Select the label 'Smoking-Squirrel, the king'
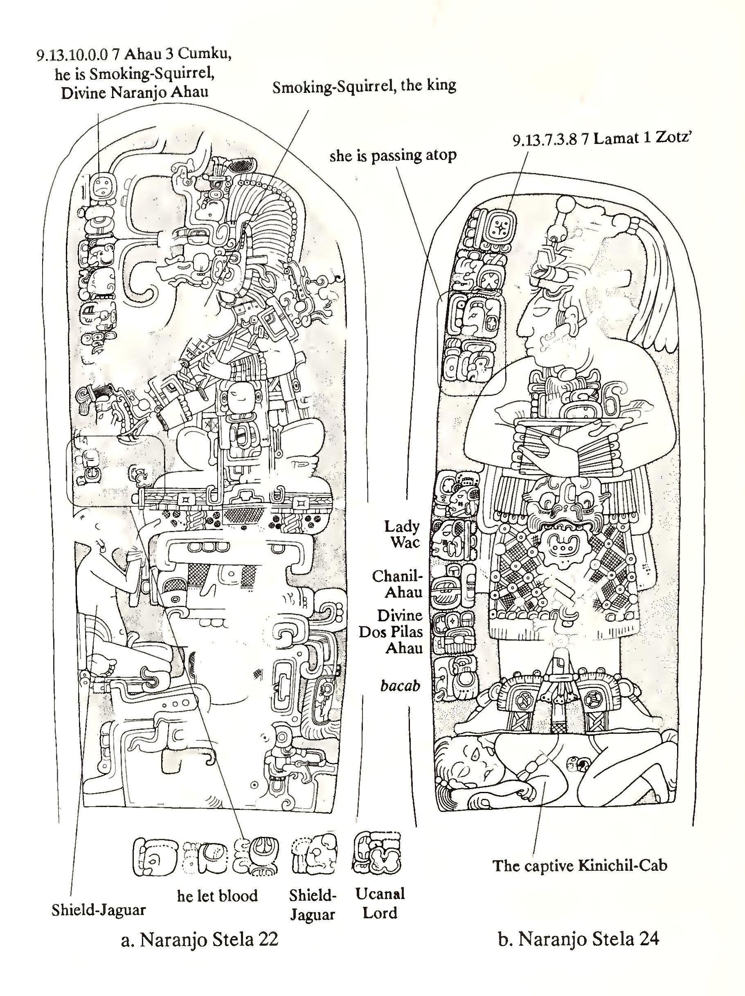coord(364,85)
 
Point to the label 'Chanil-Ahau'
coord(397,584)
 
